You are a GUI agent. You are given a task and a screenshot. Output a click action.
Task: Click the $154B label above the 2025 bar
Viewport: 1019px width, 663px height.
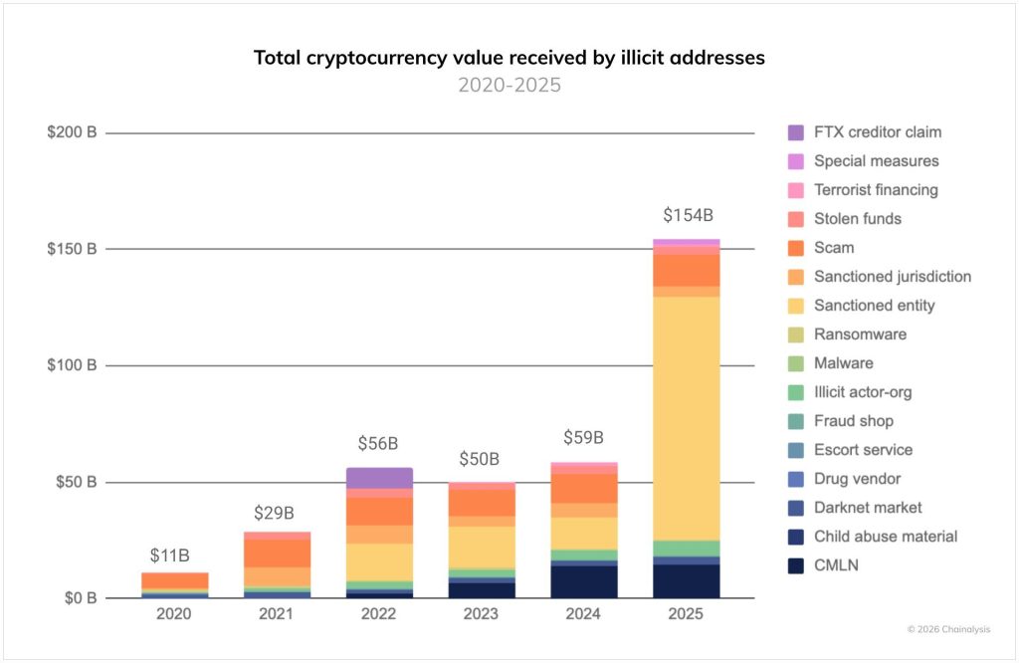point(688,215)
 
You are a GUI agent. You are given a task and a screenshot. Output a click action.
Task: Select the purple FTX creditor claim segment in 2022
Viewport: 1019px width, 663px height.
point(379,478)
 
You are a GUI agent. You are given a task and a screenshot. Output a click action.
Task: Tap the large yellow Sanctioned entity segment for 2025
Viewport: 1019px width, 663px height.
point(687,418)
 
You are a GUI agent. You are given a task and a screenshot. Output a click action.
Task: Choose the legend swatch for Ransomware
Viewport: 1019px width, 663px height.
point(795,334)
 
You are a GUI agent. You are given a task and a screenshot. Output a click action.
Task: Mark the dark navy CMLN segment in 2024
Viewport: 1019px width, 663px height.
point(584,581)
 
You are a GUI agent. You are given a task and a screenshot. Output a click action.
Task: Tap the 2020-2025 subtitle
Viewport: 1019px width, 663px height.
point(509,86)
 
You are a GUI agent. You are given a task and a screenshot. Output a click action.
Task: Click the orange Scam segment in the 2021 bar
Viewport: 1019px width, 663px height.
point(277,553)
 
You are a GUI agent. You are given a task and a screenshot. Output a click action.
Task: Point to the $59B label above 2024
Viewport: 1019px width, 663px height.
point(584,438)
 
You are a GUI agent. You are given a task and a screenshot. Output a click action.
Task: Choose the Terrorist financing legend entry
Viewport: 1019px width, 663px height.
point(876,190)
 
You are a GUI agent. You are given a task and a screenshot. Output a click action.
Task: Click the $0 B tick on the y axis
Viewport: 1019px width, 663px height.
point(76,598)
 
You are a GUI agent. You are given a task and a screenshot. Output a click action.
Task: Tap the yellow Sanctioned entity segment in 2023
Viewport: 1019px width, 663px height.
point(482,547)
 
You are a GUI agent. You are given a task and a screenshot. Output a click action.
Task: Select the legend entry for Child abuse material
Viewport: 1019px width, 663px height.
point(885,537)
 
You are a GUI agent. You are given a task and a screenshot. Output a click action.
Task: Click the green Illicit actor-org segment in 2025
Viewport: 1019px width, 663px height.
point(687,549)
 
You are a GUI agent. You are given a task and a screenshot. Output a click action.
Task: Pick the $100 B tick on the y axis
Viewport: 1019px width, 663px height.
point(72,365)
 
